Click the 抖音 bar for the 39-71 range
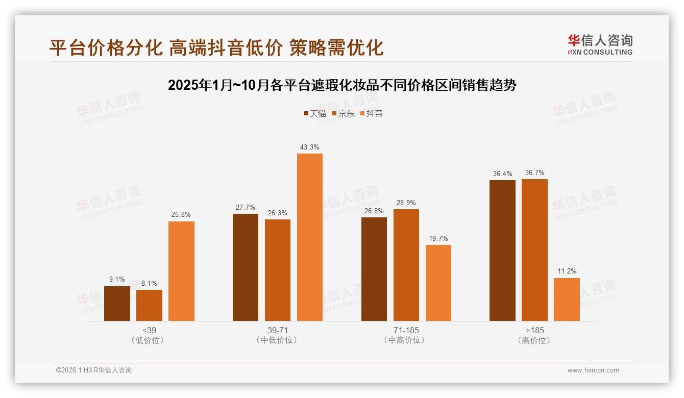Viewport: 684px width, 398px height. point(310,237)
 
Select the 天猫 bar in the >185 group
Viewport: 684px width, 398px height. point(502,251)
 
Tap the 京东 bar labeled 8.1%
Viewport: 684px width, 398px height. point(149,305)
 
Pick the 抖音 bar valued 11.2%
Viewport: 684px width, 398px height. point(567,300)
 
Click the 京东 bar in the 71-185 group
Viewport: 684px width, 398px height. point(406,265)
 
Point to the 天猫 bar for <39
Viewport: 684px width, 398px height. point(117,304)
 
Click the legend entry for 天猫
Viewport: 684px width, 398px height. point(315,113)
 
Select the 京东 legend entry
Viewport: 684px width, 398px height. point(344,113)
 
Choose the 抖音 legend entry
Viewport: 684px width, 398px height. point(372,113)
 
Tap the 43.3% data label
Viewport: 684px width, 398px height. point(310,147)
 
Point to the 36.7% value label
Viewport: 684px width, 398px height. point(534,172)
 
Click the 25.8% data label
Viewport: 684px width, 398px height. point(181,215)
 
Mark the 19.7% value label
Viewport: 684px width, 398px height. point(438,238)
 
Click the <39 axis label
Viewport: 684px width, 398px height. point(150,330)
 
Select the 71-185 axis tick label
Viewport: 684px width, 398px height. point(406,330)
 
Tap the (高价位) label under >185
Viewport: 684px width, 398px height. point(534,340)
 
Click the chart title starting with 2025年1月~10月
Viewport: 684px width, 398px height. point(342,85)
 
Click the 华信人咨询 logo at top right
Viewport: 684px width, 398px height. point(600,44)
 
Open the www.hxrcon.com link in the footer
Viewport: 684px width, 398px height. point(593,370)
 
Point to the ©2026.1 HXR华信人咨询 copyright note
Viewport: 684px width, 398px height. point(94,370)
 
